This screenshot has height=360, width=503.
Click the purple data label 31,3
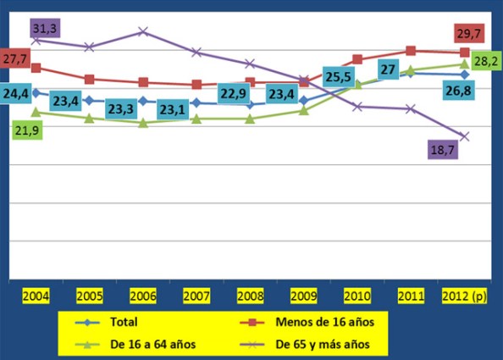pos(43,29)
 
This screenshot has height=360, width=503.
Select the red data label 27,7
pos(14,59)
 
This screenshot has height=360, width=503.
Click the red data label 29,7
pos(468,34)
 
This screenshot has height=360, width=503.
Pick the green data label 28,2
pos(484,61)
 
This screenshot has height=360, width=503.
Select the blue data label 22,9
pos(235,92)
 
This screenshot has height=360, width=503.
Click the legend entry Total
pos(123,322)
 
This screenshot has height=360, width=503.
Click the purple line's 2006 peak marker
pos(143,31)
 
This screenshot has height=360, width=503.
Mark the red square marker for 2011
pos(411,51)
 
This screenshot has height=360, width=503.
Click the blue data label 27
pos(389,69)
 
